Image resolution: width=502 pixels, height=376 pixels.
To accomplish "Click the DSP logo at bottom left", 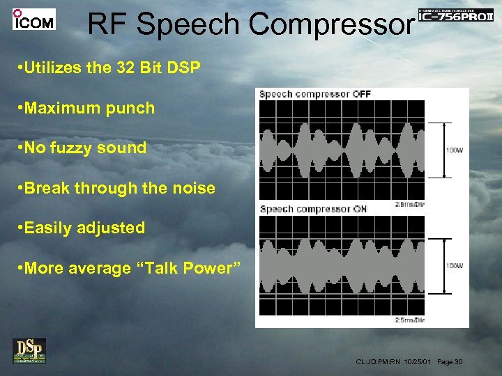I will point(29,350).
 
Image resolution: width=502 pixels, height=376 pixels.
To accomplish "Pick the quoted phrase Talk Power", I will point(188,268).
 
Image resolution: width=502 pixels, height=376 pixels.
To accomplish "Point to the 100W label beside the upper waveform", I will point(453,150).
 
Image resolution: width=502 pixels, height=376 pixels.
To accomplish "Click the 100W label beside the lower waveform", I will point(453,266).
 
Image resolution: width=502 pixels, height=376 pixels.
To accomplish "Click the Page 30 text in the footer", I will point(450,361).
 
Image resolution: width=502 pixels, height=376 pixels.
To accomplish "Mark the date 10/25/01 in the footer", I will point(418,361).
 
